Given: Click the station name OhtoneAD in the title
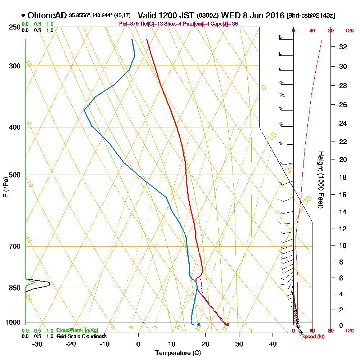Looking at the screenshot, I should (47, 15).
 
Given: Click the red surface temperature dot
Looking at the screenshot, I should (227, 325).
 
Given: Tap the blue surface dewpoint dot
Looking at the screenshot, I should (199, 325).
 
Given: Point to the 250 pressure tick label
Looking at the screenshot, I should (14, 27).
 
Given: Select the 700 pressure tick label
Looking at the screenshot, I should (14, 247).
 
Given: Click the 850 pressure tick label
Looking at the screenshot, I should (14, 288).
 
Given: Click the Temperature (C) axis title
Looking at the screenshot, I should (178, 353).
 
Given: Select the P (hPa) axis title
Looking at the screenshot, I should (5, 187).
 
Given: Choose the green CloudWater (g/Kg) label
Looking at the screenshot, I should (77, 330).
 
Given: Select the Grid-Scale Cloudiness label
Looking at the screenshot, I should (81, 336).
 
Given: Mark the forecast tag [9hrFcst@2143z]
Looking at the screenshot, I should (311, 16).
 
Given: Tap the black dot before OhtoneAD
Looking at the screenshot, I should (23, 15).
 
